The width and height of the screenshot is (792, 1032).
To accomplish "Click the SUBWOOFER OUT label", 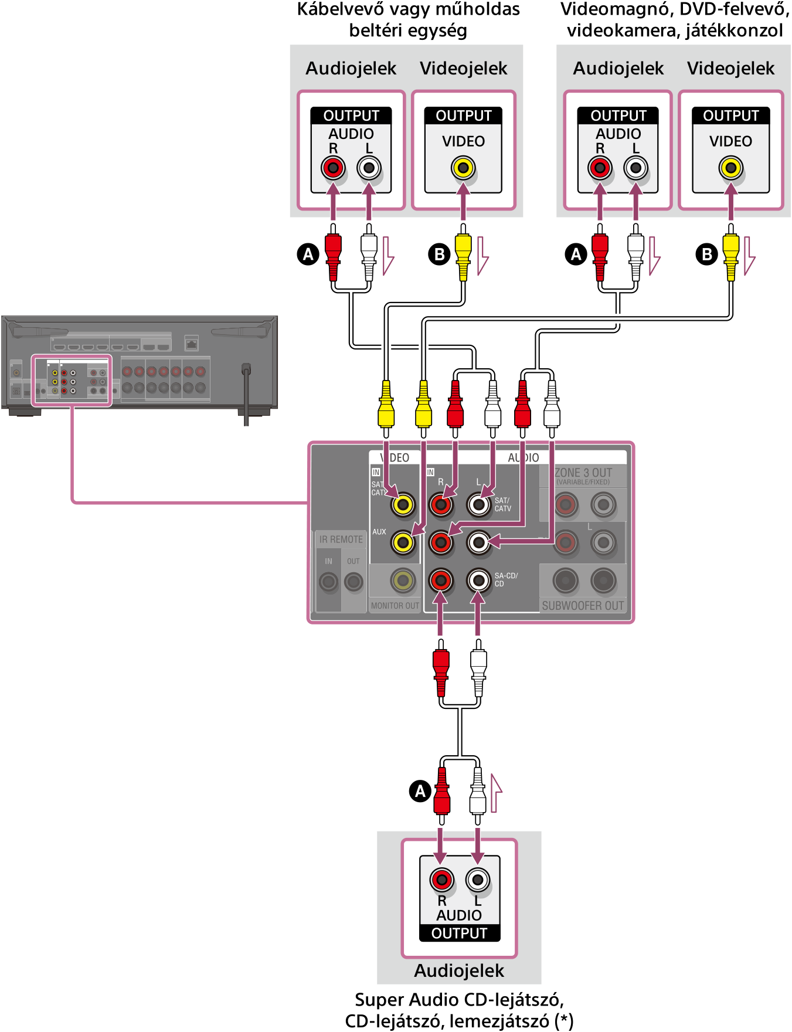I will point(583,606).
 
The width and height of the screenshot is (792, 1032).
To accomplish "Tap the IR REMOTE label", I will point(341,539).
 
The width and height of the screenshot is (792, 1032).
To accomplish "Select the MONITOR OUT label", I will point(395,606).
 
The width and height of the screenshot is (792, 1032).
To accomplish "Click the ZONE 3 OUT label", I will point(583,473).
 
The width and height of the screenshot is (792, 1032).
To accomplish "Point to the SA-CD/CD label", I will point(506,580).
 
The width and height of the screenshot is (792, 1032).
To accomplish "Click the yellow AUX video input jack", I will point(403,542).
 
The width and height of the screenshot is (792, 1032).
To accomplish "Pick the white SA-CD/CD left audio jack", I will point(478,580).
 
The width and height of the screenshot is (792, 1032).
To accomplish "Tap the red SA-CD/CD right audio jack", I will point(441,580).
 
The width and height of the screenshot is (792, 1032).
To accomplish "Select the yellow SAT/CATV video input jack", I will point(403,504).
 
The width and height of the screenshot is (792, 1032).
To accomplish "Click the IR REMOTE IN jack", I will point(328,582).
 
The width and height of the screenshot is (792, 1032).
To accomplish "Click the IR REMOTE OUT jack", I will point(353,582).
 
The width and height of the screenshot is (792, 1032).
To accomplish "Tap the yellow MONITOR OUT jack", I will point(403,580).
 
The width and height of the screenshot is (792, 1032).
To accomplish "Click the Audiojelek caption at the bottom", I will point(459,971).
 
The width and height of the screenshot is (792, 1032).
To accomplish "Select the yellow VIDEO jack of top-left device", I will point(463,168).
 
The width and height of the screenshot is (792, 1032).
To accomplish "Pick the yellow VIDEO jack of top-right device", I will point(730,168).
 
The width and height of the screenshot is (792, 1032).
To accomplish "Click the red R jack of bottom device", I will point(441,880).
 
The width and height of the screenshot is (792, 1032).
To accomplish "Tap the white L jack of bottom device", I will point(478,880).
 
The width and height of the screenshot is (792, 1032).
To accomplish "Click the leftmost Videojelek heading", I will point(463,69).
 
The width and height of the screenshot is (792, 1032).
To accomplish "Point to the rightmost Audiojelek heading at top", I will point(618,69).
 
